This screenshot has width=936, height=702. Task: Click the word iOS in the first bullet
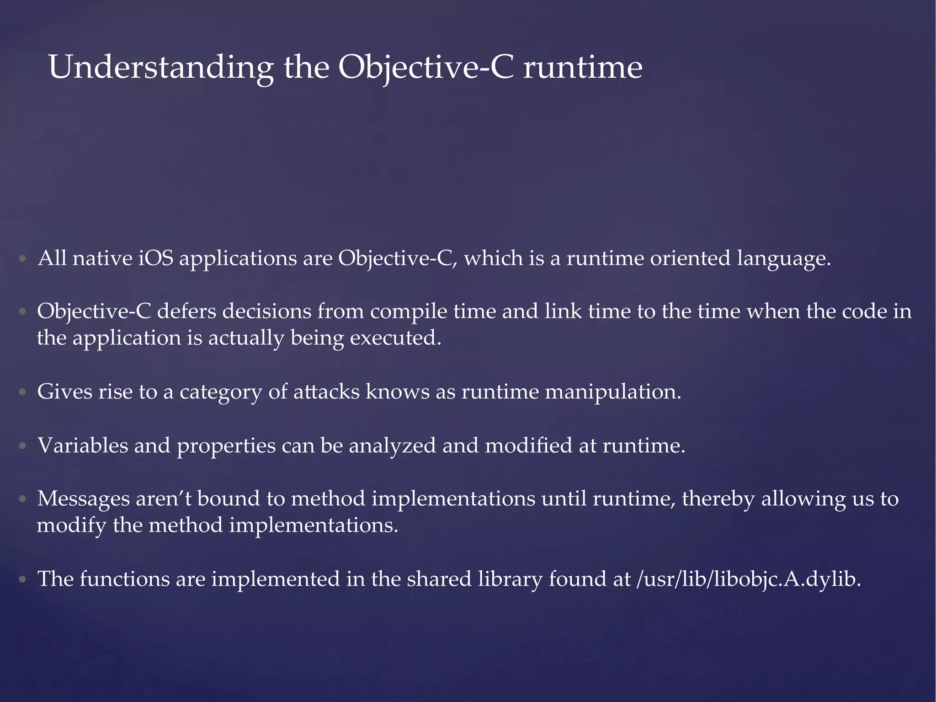(156, 259)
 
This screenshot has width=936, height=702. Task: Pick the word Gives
(64, 392)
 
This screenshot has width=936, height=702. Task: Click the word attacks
(326, 392)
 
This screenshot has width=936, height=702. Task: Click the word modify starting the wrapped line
(71, 526)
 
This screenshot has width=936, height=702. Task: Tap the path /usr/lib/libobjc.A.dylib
(748, 580)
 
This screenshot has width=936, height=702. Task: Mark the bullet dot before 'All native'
(22, 259)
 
